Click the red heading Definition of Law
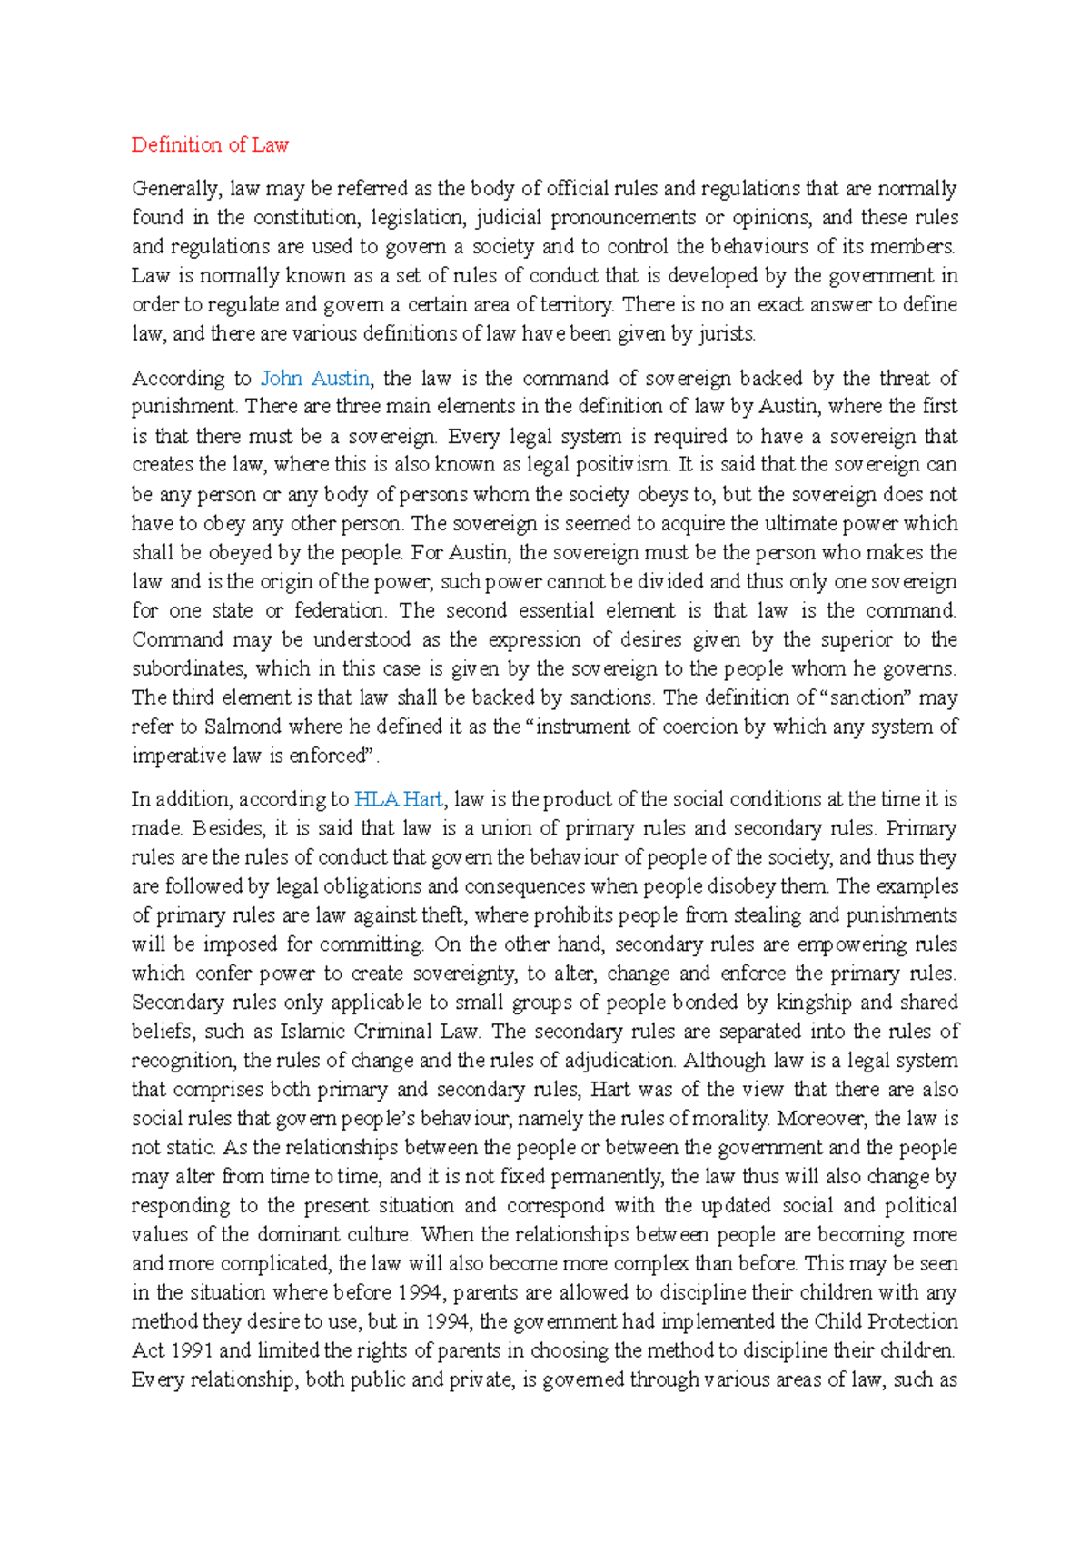[210, 145]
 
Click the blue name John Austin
[314, 379]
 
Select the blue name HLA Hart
[398, 799]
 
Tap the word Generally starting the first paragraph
[175, 189]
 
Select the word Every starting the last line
[158, 1380]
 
